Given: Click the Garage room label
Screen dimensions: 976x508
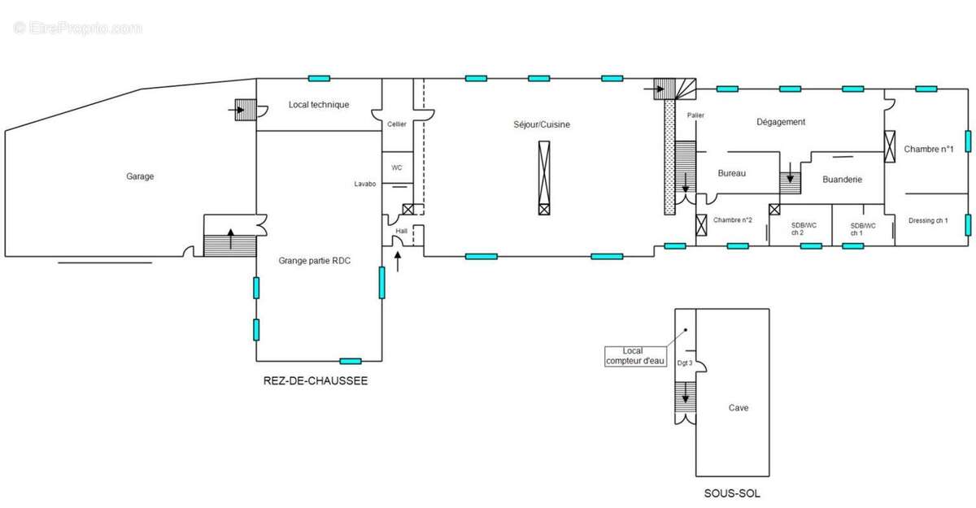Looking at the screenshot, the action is pos(140,176).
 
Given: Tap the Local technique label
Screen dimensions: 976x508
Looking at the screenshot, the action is pos(319,105).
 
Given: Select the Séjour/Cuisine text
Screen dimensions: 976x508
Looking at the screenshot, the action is pos(542,124).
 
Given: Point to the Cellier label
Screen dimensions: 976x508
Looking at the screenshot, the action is pos(397,124).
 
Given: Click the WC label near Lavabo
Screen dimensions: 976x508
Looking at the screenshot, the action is pos(397,167).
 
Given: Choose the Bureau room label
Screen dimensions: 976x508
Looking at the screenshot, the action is pos(731,173).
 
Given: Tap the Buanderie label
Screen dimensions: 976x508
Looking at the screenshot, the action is pos(843,180).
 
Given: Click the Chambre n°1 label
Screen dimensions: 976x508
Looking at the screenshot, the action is pos(929,150).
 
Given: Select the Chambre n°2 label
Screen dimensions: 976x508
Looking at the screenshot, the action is pos(733,219).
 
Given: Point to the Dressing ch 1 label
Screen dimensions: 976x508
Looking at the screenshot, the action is pos(928,221).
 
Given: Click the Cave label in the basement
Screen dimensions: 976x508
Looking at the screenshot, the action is pos(739,408).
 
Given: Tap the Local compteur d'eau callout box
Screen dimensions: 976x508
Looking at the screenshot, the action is pos(635,356).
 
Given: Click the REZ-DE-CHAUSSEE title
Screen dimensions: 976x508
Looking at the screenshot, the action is pos(316,381).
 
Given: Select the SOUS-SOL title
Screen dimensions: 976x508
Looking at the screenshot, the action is pos(732,493).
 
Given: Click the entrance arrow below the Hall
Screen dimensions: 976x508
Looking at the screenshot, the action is pos(398,262).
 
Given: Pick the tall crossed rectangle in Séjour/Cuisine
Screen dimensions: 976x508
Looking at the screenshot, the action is pos(544,178).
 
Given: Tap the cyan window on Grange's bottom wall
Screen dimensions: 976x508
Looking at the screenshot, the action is pos(351,361).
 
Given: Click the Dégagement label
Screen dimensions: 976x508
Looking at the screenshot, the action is pos(781,122).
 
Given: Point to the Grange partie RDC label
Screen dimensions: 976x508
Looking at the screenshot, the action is pos(315,260).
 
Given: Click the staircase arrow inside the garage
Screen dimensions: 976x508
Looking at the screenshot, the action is pos(231,239).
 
